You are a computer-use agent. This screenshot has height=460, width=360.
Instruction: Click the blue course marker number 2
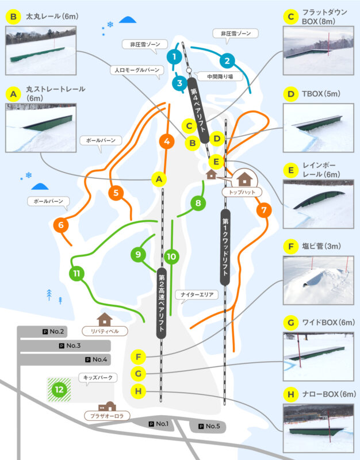[227, 61]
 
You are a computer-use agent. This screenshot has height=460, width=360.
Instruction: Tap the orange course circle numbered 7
[264, 210]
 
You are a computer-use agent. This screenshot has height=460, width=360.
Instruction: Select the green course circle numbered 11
[76, 274]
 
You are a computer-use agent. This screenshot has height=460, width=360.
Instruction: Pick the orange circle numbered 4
[167, 141]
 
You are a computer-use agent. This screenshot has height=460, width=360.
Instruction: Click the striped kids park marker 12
[59, 390]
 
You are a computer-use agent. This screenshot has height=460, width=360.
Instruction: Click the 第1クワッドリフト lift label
[225, 247]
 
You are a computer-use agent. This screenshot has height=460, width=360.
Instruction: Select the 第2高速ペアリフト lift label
[162, 303]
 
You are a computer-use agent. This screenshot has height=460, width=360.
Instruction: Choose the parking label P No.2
[53, 332]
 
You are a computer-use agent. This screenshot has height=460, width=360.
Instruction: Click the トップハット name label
[242, 192]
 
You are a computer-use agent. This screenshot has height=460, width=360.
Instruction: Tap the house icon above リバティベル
[105, 320]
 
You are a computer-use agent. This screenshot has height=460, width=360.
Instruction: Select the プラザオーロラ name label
[107, 416]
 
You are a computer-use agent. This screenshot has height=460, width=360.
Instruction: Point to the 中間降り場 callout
[220, 76]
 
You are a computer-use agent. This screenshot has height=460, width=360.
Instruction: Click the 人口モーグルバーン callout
[137, 70]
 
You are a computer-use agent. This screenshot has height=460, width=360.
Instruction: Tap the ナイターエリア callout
[197, 294]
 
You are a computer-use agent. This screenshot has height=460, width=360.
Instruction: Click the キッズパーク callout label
[98, 377]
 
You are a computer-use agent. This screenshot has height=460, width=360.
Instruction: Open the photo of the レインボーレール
[319, 204]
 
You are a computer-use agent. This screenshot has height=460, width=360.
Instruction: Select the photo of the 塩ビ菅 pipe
[319, 281]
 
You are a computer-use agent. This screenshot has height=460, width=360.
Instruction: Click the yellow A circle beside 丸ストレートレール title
[13, 94]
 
